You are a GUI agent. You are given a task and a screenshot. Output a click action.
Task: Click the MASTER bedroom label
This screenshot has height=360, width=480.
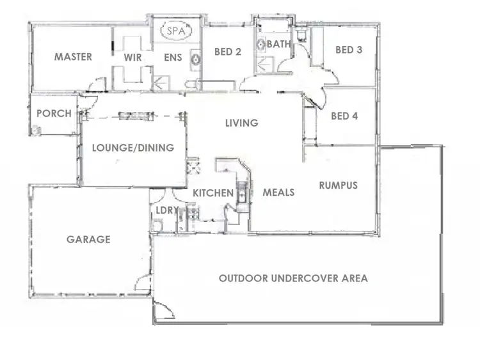[x=72, y=57]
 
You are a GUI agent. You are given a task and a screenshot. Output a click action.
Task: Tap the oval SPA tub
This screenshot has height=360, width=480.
[x=172, y=31]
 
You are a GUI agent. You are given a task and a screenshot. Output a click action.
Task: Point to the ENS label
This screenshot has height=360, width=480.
[x=173, y=58]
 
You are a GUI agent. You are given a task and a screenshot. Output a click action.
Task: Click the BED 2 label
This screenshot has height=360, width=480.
[x=227, y=51]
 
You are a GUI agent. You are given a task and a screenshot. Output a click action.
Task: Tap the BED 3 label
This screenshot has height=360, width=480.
[x=344, y=49]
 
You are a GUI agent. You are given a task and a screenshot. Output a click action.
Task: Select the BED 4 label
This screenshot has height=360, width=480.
[x=344, y=116]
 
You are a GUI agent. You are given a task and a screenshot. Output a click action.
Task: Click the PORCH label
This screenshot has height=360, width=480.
[x=54, y=113]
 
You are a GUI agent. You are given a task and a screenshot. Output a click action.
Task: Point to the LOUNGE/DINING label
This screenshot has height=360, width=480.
[x=133, y=148]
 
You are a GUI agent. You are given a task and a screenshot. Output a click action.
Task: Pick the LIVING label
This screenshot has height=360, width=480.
[x=241, y=123]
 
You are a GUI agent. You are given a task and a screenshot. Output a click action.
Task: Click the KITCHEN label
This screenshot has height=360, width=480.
[x=213, y=192]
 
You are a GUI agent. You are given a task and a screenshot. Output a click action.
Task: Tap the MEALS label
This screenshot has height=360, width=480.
[x=278, y=192]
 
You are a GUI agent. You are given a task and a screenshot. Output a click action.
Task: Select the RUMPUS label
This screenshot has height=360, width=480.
[x=338, y=185]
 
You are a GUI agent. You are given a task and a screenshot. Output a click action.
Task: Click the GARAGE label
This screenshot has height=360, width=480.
[x=88, y=239]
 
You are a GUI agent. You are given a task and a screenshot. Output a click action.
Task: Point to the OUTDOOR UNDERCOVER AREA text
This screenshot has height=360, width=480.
[x=292, y=278]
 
